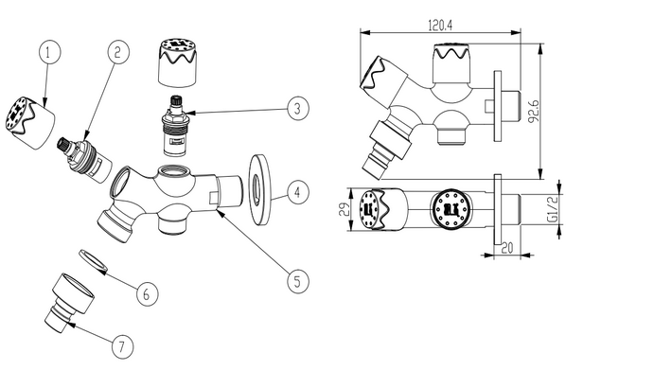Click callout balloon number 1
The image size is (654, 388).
point(49,52)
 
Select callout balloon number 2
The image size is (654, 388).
point(118,52)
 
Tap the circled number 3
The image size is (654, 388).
point(298,109)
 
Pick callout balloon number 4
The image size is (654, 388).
point(298,192)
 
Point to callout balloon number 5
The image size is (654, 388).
point(298,281)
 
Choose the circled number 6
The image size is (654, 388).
point(148,294)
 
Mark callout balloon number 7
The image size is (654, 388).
point(123,346)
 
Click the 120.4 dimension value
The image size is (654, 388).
point(440,26)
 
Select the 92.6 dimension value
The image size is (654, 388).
point(534,111)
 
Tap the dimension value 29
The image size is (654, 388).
point(345,209)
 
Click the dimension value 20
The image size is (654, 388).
point(506,248)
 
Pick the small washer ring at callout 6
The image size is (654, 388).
point(94,261)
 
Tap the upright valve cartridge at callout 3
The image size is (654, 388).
point(174,126)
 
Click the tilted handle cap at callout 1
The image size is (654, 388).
point(30,122)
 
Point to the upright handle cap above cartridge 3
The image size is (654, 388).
point(178,62)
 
